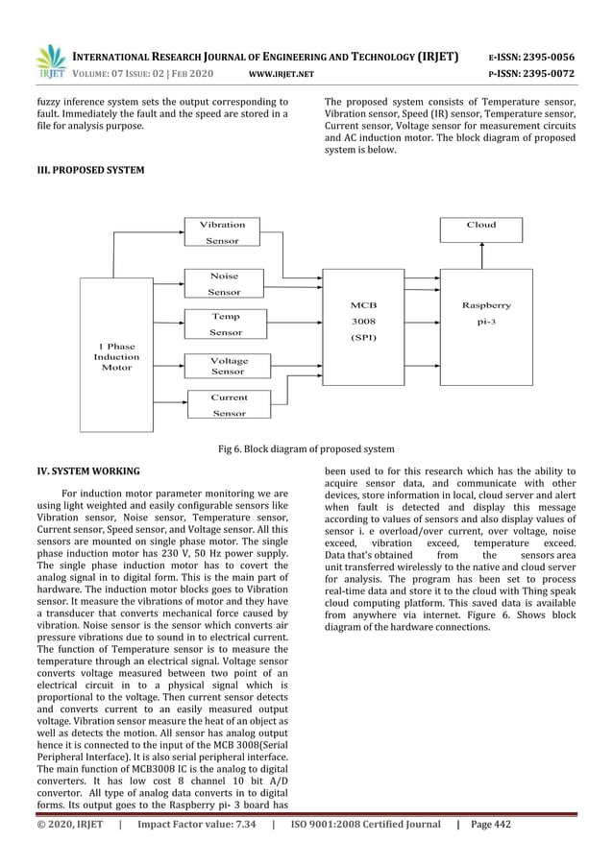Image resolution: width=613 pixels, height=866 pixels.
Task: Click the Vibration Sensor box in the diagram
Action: pyautogui.click(x=222, y=232)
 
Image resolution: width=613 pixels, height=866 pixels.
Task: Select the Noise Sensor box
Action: pyautogui.click(x=224, y=283)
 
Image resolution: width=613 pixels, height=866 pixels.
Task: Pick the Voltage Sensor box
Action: pyautogui.click(x=227, y=365)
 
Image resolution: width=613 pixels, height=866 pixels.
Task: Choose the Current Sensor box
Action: pyautogui.click(x=229, y=404)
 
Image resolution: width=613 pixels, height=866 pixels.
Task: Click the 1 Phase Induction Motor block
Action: pyautogui.click(x=116, y=356)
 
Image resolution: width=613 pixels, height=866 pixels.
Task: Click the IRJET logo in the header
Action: pyautogui.click(x=49, y=62)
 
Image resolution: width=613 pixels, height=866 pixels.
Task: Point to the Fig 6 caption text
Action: pyautogui.click(x=306, y=449)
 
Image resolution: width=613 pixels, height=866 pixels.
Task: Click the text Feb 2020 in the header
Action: pyautogui.click(x=190, y=73)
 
